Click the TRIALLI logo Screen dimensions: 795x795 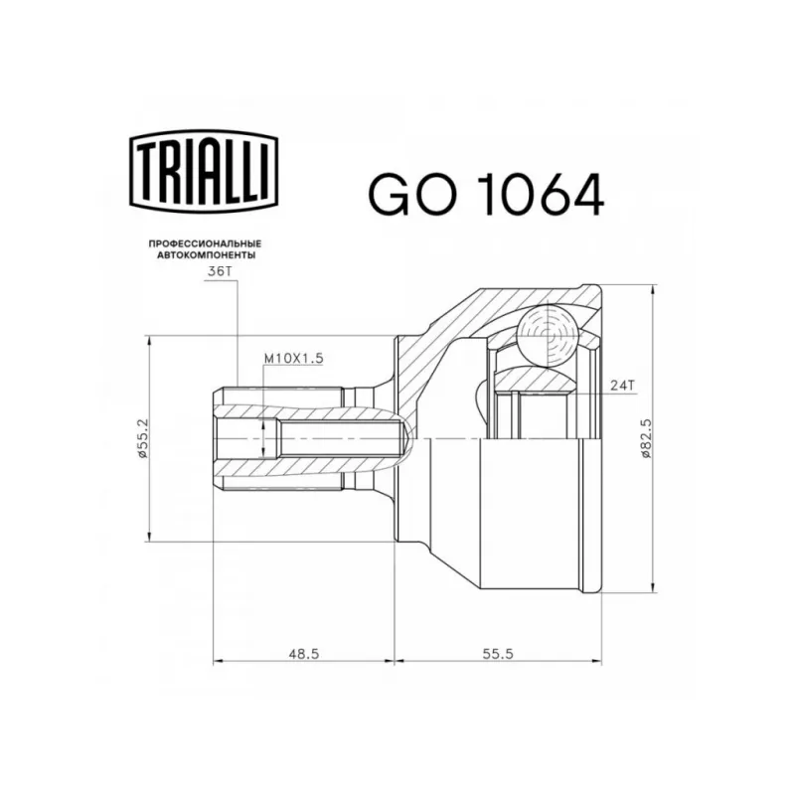coord(204,171)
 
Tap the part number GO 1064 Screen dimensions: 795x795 coord(486,195)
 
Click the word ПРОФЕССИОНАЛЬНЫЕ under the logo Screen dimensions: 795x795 coord(205,243)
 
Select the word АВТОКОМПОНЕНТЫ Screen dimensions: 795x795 coord(206,255)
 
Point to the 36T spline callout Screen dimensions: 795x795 coord(220,271)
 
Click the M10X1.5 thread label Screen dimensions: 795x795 coord(293,359)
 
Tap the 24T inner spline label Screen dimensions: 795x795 coord(623,386)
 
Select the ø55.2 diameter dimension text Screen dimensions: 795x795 coord(142,438)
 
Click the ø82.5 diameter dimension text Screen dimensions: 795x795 coord(645,438)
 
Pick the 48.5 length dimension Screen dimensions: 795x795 coord(304,654)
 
